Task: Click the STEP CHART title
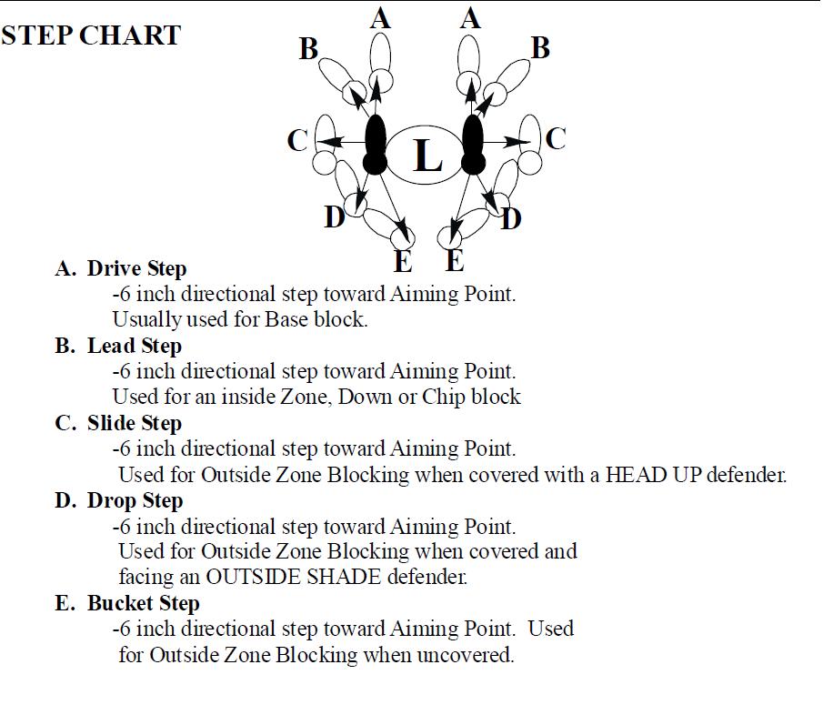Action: click(x=91, y=35)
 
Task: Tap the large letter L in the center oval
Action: click(x=427, y=156)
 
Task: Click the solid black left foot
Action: click(x=375, y=145)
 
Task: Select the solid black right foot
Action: click(x=472, y=145)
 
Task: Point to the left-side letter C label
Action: click(x=297, y=141)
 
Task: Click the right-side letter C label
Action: click(x=556, y=139)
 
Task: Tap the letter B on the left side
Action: click(x=308, y=49)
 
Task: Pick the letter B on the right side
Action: click(x=540, y=48)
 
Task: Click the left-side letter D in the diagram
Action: click(x=335, y=217)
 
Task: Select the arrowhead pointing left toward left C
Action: click(x=330, y=142)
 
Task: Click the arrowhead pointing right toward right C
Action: click(x=517, y=142)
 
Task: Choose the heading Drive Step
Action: click(x=137, y=268)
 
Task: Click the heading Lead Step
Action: click(x=135, y=346)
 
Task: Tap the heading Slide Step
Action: click(x=135, y=423)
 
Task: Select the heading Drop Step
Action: click(x=135, y=500)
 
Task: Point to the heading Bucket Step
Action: click(x=144, y=603)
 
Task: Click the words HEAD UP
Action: click(x=636, y=475)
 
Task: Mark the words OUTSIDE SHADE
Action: click(x=293, y=577)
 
